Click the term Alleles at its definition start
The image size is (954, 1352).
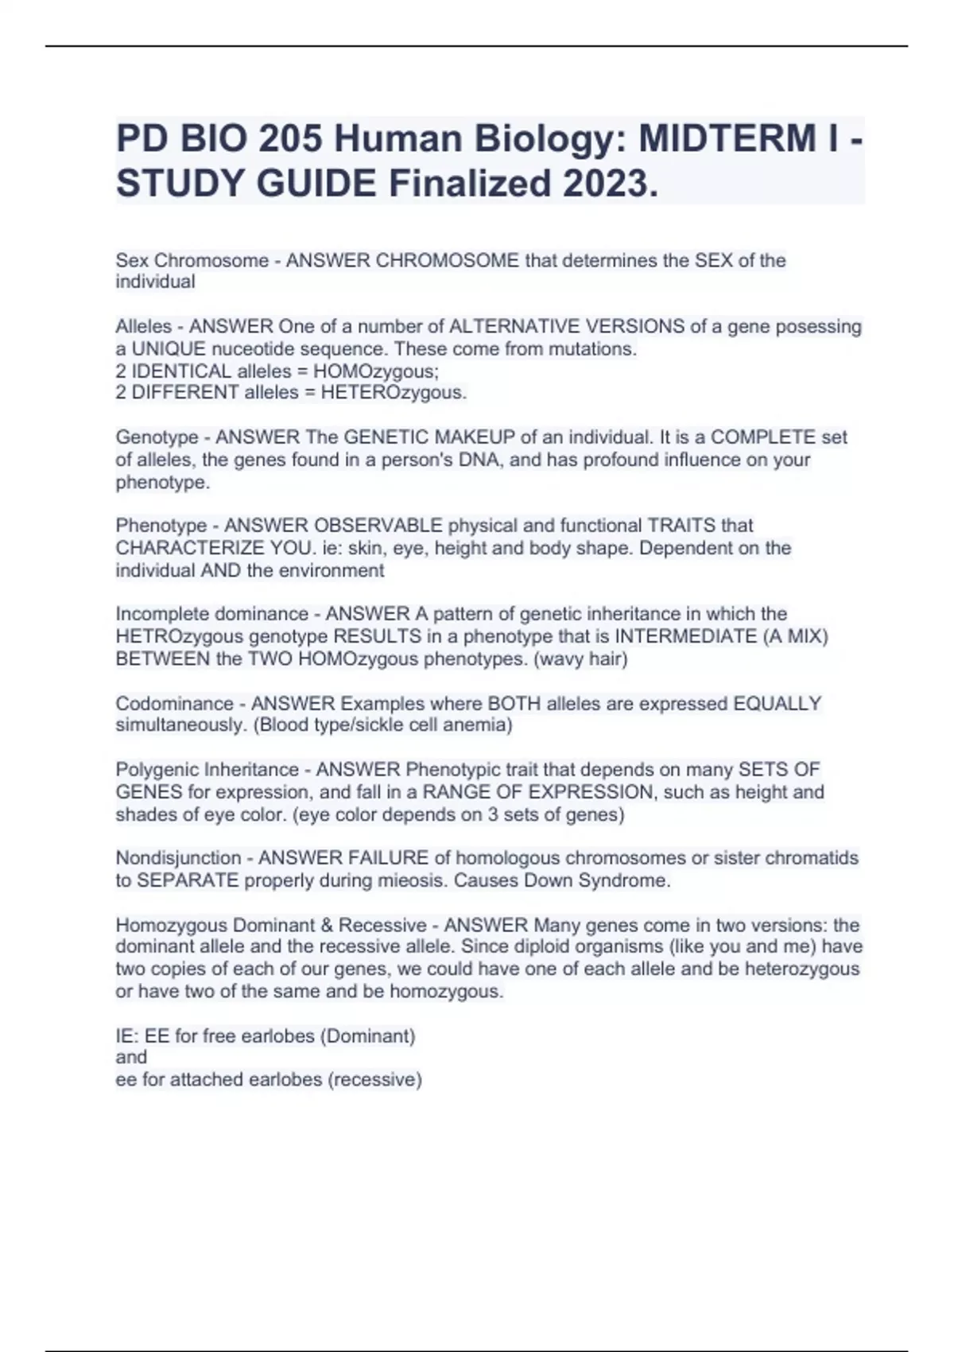point(143,327)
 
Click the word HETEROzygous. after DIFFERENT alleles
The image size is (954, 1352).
point(394,393)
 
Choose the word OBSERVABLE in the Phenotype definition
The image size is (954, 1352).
point(378,526)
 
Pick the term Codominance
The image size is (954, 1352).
point(174,704)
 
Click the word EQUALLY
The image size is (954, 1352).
point(777,704)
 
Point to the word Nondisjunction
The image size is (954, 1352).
point(178,858)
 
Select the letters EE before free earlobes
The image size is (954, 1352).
point(157,1036)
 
